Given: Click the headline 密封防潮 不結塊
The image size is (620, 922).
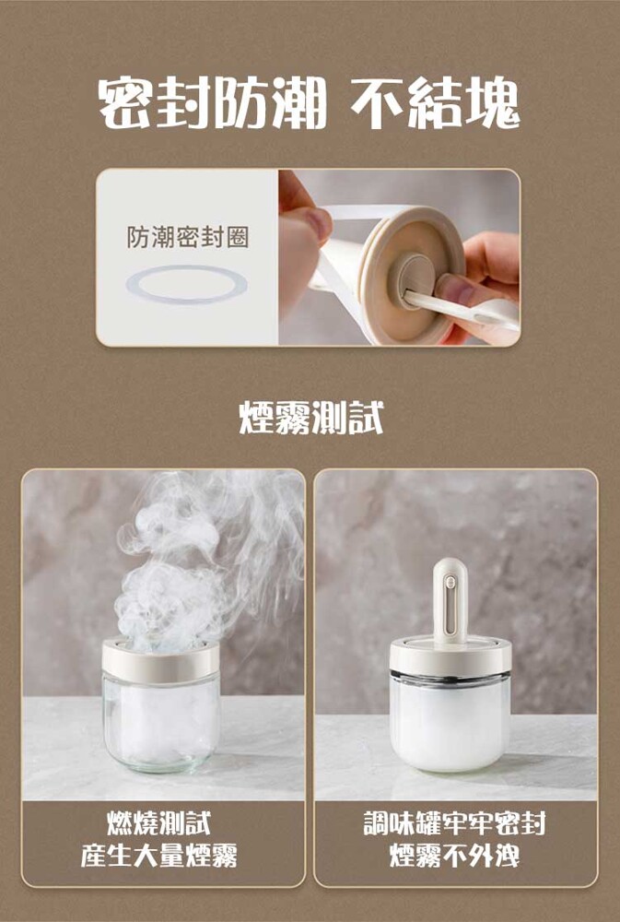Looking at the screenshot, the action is [310, 104].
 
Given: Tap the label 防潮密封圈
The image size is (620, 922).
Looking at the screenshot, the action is [187, 237].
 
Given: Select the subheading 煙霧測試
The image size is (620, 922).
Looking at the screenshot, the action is [310, 418].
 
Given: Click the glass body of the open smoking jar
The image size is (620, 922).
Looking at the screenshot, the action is [160, 722].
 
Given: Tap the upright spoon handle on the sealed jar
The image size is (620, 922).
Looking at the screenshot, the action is [450, 601].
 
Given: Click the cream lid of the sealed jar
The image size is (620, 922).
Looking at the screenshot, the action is [450, 656].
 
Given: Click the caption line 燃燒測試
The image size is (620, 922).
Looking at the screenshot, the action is [158, 822].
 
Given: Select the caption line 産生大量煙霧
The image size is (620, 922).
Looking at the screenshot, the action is [158, 855].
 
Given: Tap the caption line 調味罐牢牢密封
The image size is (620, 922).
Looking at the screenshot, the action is [455, 822].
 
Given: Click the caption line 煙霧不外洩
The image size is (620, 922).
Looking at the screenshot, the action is [455, 855].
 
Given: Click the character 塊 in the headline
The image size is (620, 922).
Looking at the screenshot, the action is [493, 104].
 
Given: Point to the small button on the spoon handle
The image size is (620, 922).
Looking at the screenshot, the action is [450, 582].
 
